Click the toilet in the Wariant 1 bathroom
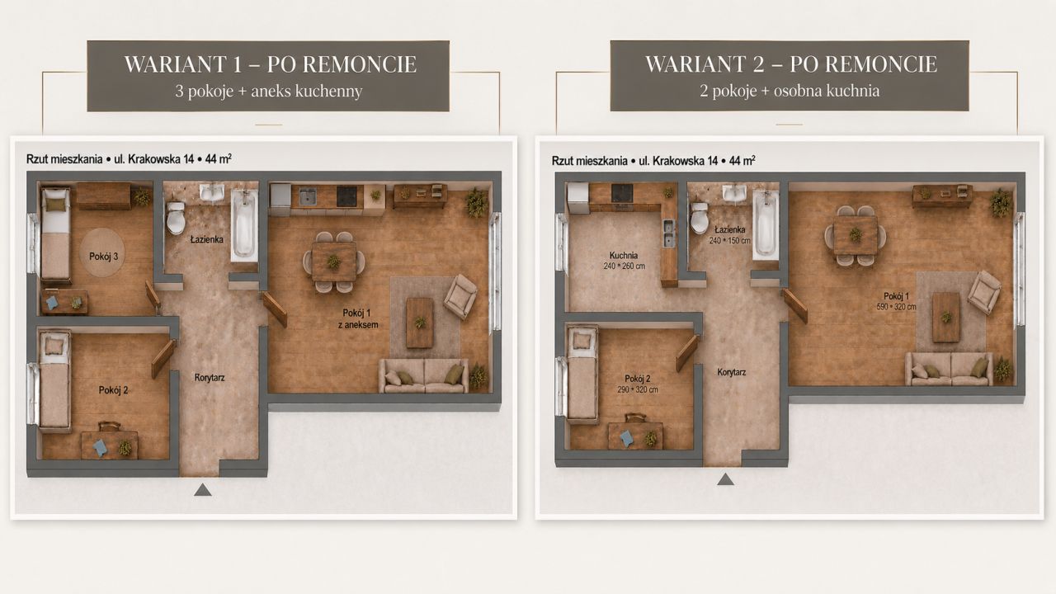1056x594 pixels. pos(176,218)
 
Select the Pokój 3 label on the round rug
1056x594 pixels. pos(104,257)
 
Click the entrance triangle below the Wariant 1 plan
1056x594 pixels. pos(203,490)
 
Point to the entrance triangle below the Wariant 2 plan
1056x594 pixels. pos(725,479)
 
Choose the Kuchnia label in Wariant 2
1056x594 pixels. pos(624,255)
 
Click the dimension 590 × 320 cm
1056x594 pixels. pos(896,307)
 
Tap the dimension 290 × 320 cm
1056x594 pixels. pos(638,390)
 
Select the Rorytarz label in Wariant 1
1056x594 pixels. pos(210,378)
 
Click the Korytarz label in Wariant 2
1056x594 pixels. pos(732,372)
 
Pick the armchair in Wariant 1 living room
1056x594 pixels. pos(460,296)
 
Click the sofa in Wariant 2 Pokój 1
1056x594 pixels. pos(948,368)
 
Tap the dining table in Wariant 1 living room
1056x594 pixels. pos(334,262)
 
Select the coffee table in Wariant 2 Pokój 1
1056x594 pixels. pos(946,317)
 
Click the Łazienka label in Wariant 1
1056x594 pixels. pos(206,239)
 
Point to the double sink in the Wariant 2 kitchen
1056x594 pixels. pos(669,233)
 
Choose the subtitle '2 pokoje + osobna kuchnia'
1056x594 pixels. pos(790,91)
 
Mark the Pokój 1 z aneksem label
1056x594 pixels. pos(358,318)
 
